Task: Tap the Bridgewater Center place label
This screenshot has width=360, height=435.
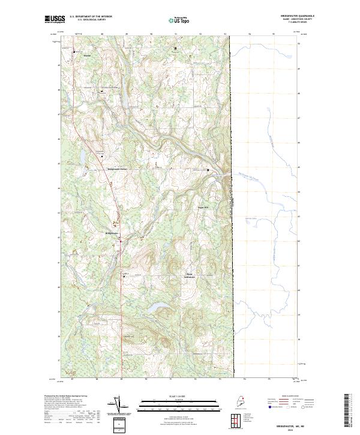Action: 118,169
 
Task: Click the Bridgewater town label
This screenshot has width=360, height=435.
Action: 113,233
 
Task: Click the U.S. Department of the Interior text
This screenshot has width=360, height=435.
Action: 91,17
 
